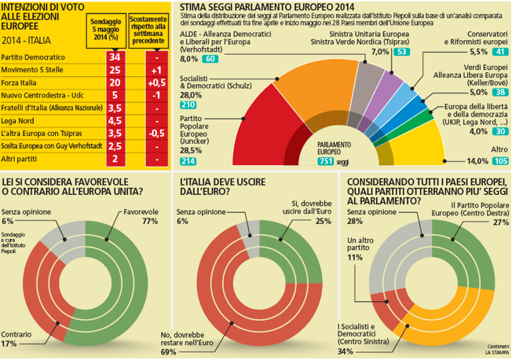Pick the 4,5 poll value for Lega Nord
(x=115, y=121)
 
